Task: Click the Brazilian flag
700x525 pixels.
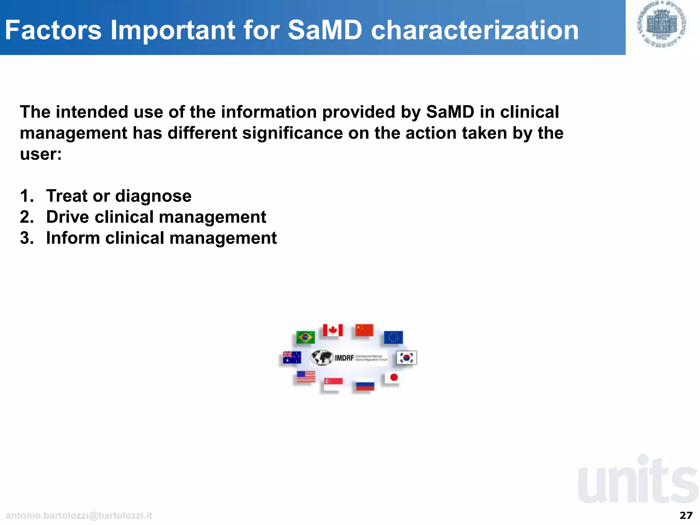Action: click(305, 337)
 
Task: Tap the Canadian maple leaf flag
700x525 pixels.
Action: click(333, 330)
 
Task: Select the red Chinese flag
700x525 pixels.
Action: click(364, 330)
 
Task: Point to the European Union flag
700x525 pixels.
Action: click(393, 337)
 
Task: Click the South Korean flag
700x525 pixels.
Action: click(406, 358)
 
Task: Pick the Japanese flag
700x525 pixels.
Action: click(393, 377)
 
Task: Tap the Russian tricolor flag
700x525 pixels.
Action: click(365, 385)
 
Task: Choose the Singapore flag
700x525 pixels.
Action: click(333, 384)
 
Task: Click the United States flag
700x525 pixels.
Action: click(306, 377)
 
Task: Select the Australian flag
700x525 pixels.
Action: click(292, 358)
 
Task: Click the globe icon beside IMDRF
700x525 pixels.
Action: click(321, 358)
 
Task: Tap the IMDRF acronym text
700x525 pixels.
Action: click(344, 358)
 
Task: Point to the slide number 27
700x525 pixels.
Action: click(686, 515)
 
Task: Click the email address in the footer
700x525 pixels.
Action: click(79, 515)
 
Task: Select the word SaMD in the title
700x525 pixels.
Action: click(325, 30)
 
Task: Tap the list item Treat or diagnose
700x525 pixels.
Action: click(119, 196)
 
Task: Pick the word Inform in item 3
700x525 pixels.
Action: click(73, 238)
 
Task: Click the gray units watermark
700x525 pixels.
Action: click(638, 480)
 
